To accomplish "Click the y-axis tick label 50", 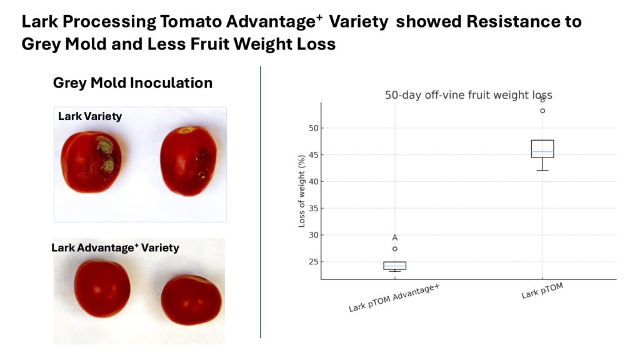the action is point(314,128).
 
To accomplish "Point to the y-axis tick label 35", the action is point(314,209).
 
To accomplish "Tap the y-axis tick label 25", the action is point(314,262).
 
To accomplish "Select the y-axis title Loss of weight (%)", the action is point(302,191).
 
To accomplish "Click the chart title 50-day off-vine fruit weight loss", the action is point(469,95).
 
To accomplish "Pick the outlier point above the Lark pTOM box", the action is point(542,111).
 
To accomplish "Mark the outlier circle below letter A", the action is point(395,249).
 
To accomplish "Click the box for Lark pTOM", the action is point(542,149).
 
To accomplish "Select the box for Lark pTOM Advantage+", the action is point(395,266).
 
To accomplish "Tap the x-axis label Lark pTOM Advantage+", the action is point(394,298).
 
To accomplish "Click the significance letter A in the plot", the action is point(395,237).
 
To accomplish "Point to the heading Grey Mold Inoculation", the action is point(132,83).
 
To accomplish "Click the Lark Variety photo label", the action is point(90,116).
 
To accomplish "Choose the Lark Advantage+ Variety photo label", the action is point(115,247).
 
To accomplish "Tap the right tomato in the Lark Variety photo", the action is point(188,161).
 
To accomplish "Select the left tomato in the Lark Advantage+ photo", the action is point(102,289).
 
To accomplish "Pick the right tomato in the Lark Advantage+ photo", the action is point(191,300).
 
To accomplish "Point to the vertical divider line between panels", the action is point(261,202).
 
